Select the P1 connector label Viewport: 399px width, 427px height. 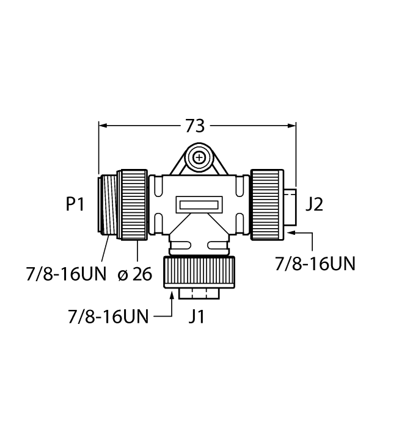click(x=75, y=205)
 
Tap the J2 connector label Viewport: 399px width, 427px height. click(x=313, y=204)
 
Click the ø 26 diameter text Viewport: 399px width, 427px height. click(x=134, y=274)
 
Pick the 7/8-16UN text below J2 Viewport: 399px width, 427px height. click(x=315, y=264)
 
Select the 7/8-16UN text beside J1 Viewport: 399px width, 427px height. click(x=108, y=318)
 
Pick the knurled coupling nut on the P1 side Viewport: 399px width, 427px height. click(x=132, y=204)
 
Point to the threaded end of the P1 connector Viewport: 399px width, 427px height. click(x=108, y=204)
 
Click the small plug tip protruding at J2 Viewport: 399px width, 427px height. click(x=290, y=204)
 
